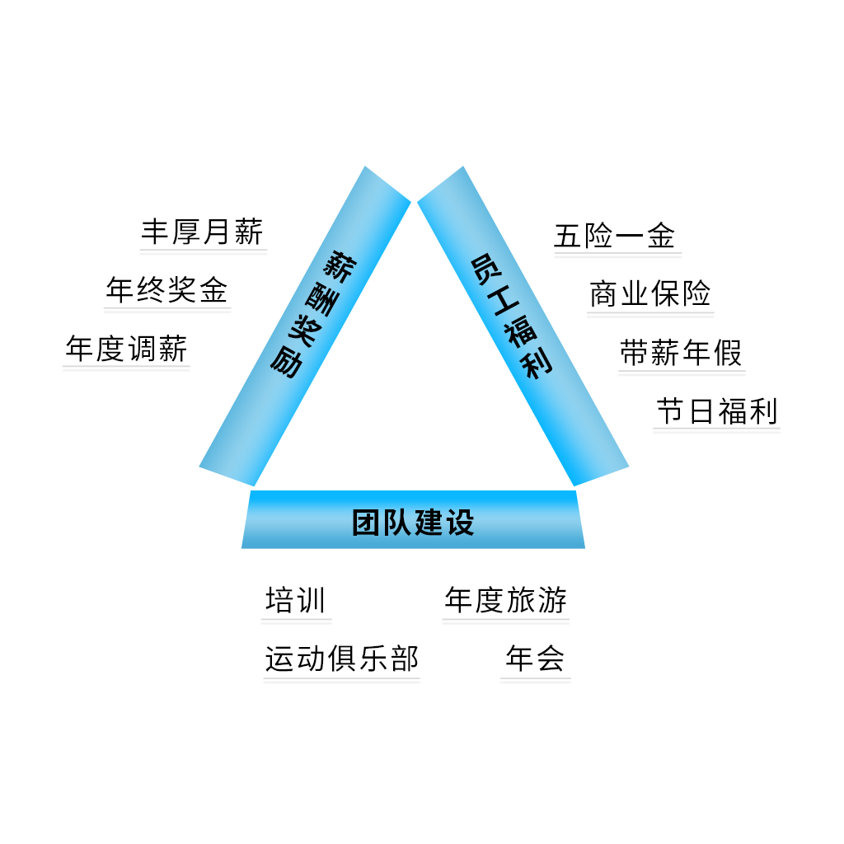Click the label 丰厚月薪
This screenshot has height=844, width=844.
pyautogui.click(x=202, y=232)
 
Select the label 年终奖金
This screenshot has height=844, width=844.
pyautogui.click(x=166, y=290)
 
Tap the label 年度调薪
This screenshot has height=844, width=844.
pyautogui.click(x=127, y=349)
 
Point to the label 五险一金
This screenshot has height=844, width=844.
pyautogui.click(x=615, y=237)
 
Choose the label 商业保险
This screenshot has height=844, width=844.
pyautogui.click(x=650, y=294)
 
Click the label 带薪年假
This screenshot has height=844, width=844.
pyautogui.click(x=681, y=354)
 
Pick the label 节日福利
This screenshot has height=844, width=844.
pyautogui.click(x=716, y=411)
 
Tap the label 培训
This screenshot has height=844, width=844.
pyautogui.click(x=296, y=600)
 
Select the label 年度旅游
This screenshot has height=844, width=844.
pyautogui.click(x=505, y=600)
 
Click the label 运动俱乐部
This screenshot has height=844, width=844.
pyautogui.click(x=341, y=659)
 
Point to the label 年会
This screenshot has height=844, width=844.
pyautogui.click(x=535, y=659)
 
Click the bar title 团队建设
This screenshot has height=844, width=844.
pyautogui.click(x=413, y=522)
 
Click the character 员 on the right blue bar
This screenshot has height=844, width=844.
pyautogui.click(x=483, y=269)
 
